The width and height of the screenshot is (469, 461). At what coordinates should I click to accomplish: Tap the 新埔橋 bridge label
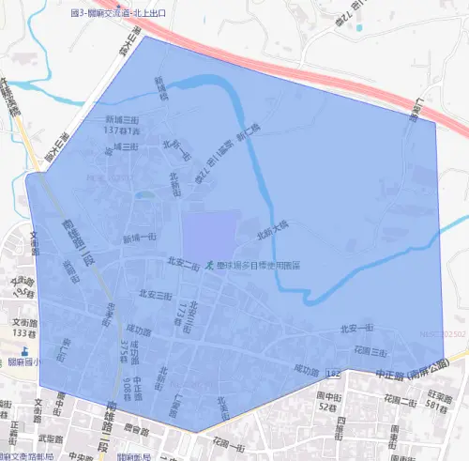pyautogui.click(x=160, y=87)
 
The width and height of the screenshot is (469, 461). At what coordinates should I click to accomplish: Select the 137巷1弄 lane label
pyautogui.click(x=122, y=131)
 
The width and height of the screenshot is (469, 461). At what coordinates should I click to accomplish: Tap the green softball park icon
pyautogui.click(x=210, y=266)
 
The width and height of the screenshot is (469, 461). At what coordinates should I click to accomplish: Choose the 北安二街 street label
pyautogui.click(x=183, y=264)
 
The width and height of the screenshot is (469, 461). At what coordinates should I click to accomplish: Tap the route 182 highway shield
pyautogui.click(x=333, y=373)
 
